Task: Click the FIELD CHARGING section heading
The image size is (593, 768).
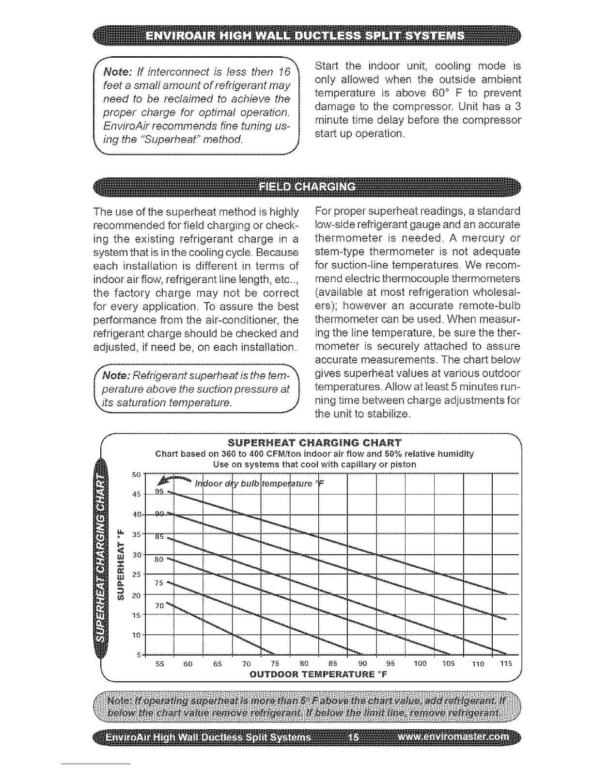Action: tap(307, 188)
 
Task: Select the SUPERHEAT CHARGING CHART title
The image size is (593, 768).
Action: tap(314, 443)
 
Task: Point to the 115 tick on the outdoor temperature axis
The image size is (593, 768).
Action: tap(506, 664)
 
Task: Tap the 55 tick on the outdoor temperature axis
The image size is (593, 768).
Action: tap(159, 664)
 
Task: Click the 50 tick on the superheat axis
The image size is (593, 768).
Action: tap(136, 474)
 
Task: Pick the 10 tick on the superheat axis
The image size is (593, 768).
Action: tap(136, 635)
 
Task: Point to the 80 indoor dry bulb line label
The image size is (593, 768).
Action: tap(159, 560)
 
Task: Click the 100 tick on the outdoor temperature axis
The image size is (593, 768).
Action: tap(420, 664)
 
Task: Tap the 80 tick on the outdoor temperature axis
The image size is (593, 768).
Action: tap(304, 664)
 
